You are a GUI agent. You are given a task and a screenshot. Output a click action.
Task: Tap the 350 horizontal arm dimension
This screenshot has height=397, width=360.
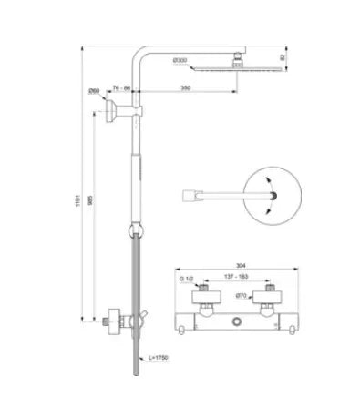185,87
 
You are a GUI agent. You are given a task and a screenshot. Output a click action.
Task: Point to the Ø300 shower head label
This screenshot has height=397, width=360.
181,59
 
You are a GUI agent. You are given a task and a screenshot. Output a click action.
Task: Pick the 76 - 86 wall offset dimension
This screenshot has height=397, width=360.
122,87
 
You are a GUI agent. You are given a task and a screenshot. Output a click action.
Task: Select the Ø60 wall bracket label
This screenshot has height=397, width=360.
95,91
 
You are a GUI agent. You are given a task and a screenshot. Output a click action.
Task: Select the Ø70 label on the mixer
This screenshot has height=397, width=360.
239,296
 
